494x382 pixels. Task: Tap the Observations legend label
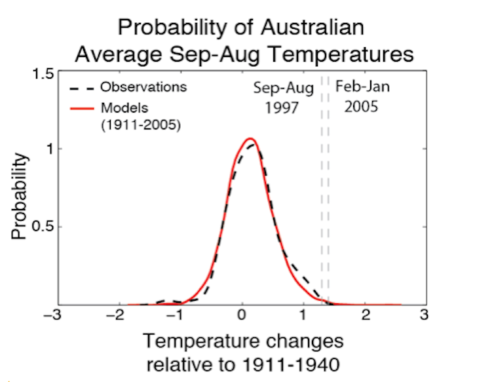click(143, 87)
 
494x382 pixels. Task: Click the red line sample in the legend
click(81, 107)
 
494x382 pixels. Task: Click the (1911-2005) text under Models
click(140, 124)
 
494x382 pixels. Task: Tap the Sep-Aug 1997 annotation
click(284, 98)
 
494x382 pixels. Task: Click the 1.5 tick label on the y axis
click(43, 72)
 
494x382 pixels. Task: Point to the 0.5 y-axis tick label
click(43, 227)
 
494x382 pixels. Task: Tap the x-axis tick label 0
click(242, 315)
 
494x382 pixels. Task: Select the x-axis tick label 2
click(366, 315)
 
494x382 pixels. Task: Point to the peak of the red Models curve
click(250, 139)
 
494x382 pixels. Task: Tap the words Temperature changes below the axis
click(242, 342)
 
